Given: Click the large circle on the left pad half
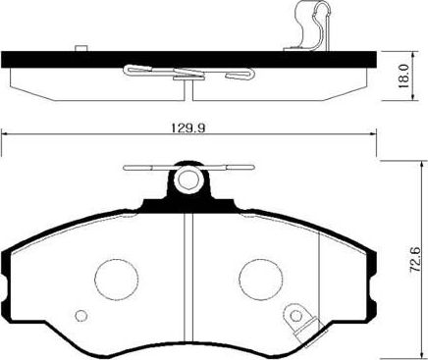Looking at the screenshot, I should [x=112, y=277].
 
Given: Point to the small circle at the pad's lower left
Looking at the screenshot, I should [x=81, y=316].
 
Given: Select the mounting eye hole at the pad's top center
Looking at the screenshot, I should [x=187, y=181].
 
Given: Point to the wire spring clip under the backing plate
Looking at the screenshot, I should [x=187, y=74].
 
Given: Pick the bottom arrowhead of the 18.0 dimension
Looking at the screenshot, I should [x=401, y=95].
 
